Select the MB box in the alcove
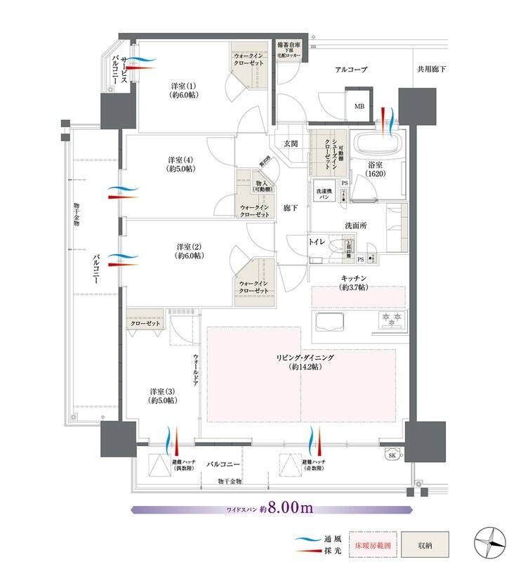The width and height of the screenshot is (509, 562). (359, 106)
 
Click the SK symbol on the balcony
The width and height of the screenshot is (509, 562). (391, 456)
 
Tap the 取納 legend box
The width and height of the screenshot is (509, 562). (425, 544)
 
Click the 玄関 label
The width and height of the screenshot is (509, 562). (291, 143)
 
